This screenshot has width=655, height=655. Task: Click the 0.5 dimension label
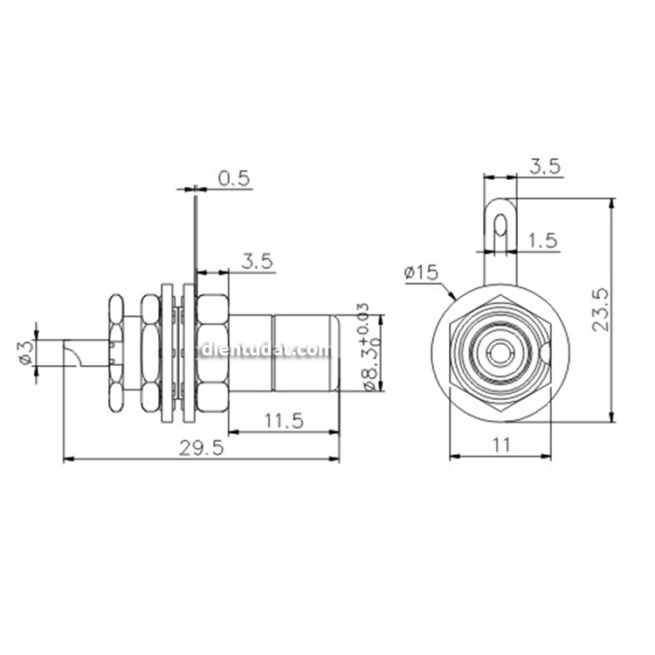click(x=233, y=179)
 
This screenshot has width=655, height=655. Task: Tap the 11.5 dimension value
click(x=283, y=420)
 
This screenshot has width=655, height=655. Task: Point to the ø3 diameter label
click(x=25, y=353)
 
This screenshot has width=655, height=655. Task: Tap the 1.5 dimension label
click(x=542, y=241)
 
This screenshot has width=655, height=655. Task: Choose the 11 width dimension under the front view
click(x=501, y=445)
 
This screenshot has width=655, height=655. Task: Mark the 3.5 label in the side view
click(x=258, y=260)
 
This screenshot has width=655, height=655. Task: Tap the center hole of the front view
click(x=500, y=353)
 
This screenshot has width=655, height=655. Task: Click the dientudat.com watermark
click(x=266, y=351)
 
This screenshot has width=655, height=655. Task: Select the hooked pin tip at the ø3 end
click(x=73, y=353)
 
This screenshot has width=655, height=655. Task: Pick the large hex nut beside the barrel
click(x=211, y=353)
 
